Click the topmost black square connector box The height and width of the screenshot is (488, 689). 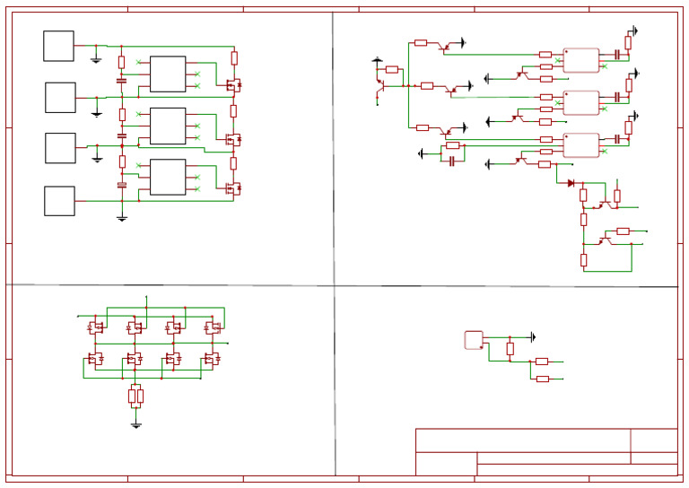[x=58, y=46]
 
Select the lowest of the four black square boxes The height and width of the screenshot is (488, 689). [x=59, y=201]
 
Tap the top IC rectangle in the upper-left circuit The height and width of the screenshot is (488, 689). [x=168, y=74]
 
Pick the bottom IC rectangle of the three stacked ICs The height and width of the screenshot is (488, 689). [x=168, y=177]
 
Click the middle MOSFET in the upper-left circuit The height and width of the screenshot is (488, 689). [x=233, y=140]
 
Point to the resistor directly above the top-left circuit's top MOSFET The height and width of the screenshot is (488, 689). [x=234, y=58]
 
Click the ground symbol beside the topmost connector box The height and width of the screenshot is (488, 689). [x=96, y=59]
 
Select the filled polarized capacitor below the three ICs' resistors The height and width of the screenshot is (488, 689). [x=122, y=185]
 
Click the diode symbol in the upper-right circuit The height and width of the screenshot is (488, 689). [x=571, y=183]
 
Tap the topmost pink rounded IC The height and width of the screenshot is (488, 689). [x=580, y=60]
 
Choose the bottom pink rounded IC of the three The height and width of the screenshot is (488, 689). [x=580, y=144]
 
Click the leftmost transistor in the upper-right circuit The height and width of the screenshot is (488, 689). [x=380, y=85]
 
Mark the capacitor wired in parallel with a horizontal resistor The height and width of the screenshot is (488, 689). [x=452, y=161]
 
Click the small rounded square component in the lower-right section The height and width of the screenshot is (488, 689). [x=474, y=340]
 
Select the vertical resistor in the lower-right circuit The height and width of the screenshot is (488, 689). [x=510, y=348]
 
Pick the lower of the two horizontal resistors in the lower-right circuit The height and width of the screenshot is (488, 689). [x=542, y=379]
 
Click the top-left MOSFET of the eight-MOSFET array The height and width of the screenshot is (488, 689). [x=94, y=328]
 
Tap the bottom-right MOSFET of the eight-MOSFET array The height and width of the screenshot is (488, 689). [x=212, y=359]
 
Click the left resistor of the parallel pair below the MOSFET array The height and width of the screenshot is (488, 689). [x=132, y=396]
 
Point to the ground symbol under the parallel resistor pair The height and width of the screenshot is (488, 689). [x=135, y=424]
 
